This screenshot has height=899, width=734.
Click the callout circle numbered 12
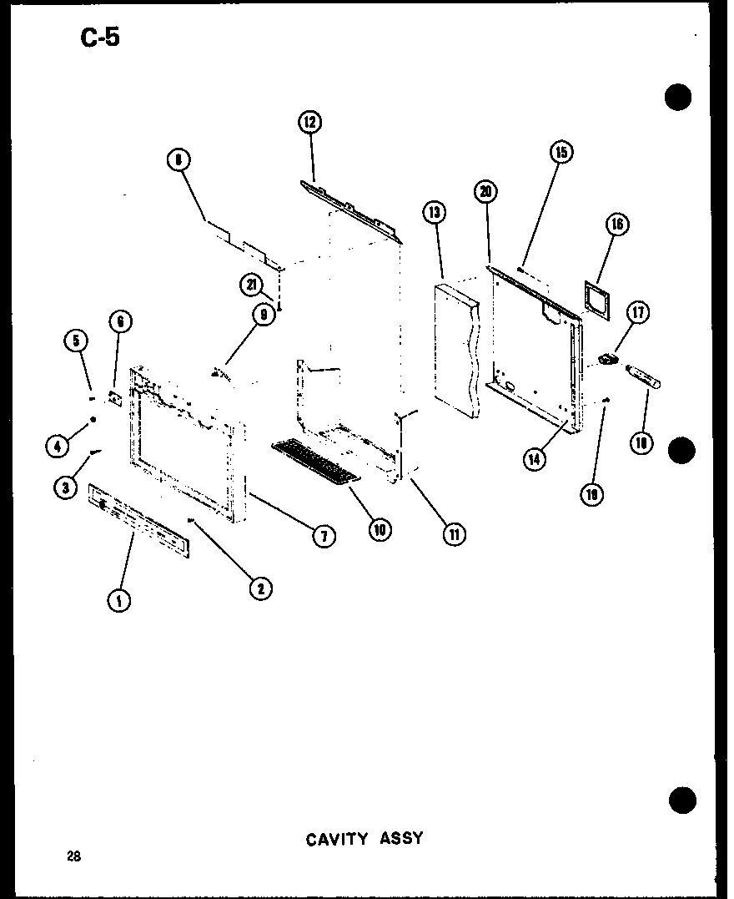pos(309,123)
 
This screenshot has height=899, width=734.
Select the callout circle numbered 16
pos(618,224)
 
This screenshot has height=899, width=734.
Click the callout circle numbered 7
pos(324,536)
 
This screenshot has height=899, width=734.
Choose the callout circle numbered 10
pos(380,528)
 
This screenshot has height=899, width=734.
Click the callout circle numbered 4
pos(57,447)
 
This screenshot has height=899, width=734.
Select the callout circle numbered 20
pos(485,191)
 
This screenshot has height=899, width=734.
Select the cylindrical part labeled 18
pos(642,377)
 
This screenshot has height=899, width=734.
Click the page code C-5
pos(100,38)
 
